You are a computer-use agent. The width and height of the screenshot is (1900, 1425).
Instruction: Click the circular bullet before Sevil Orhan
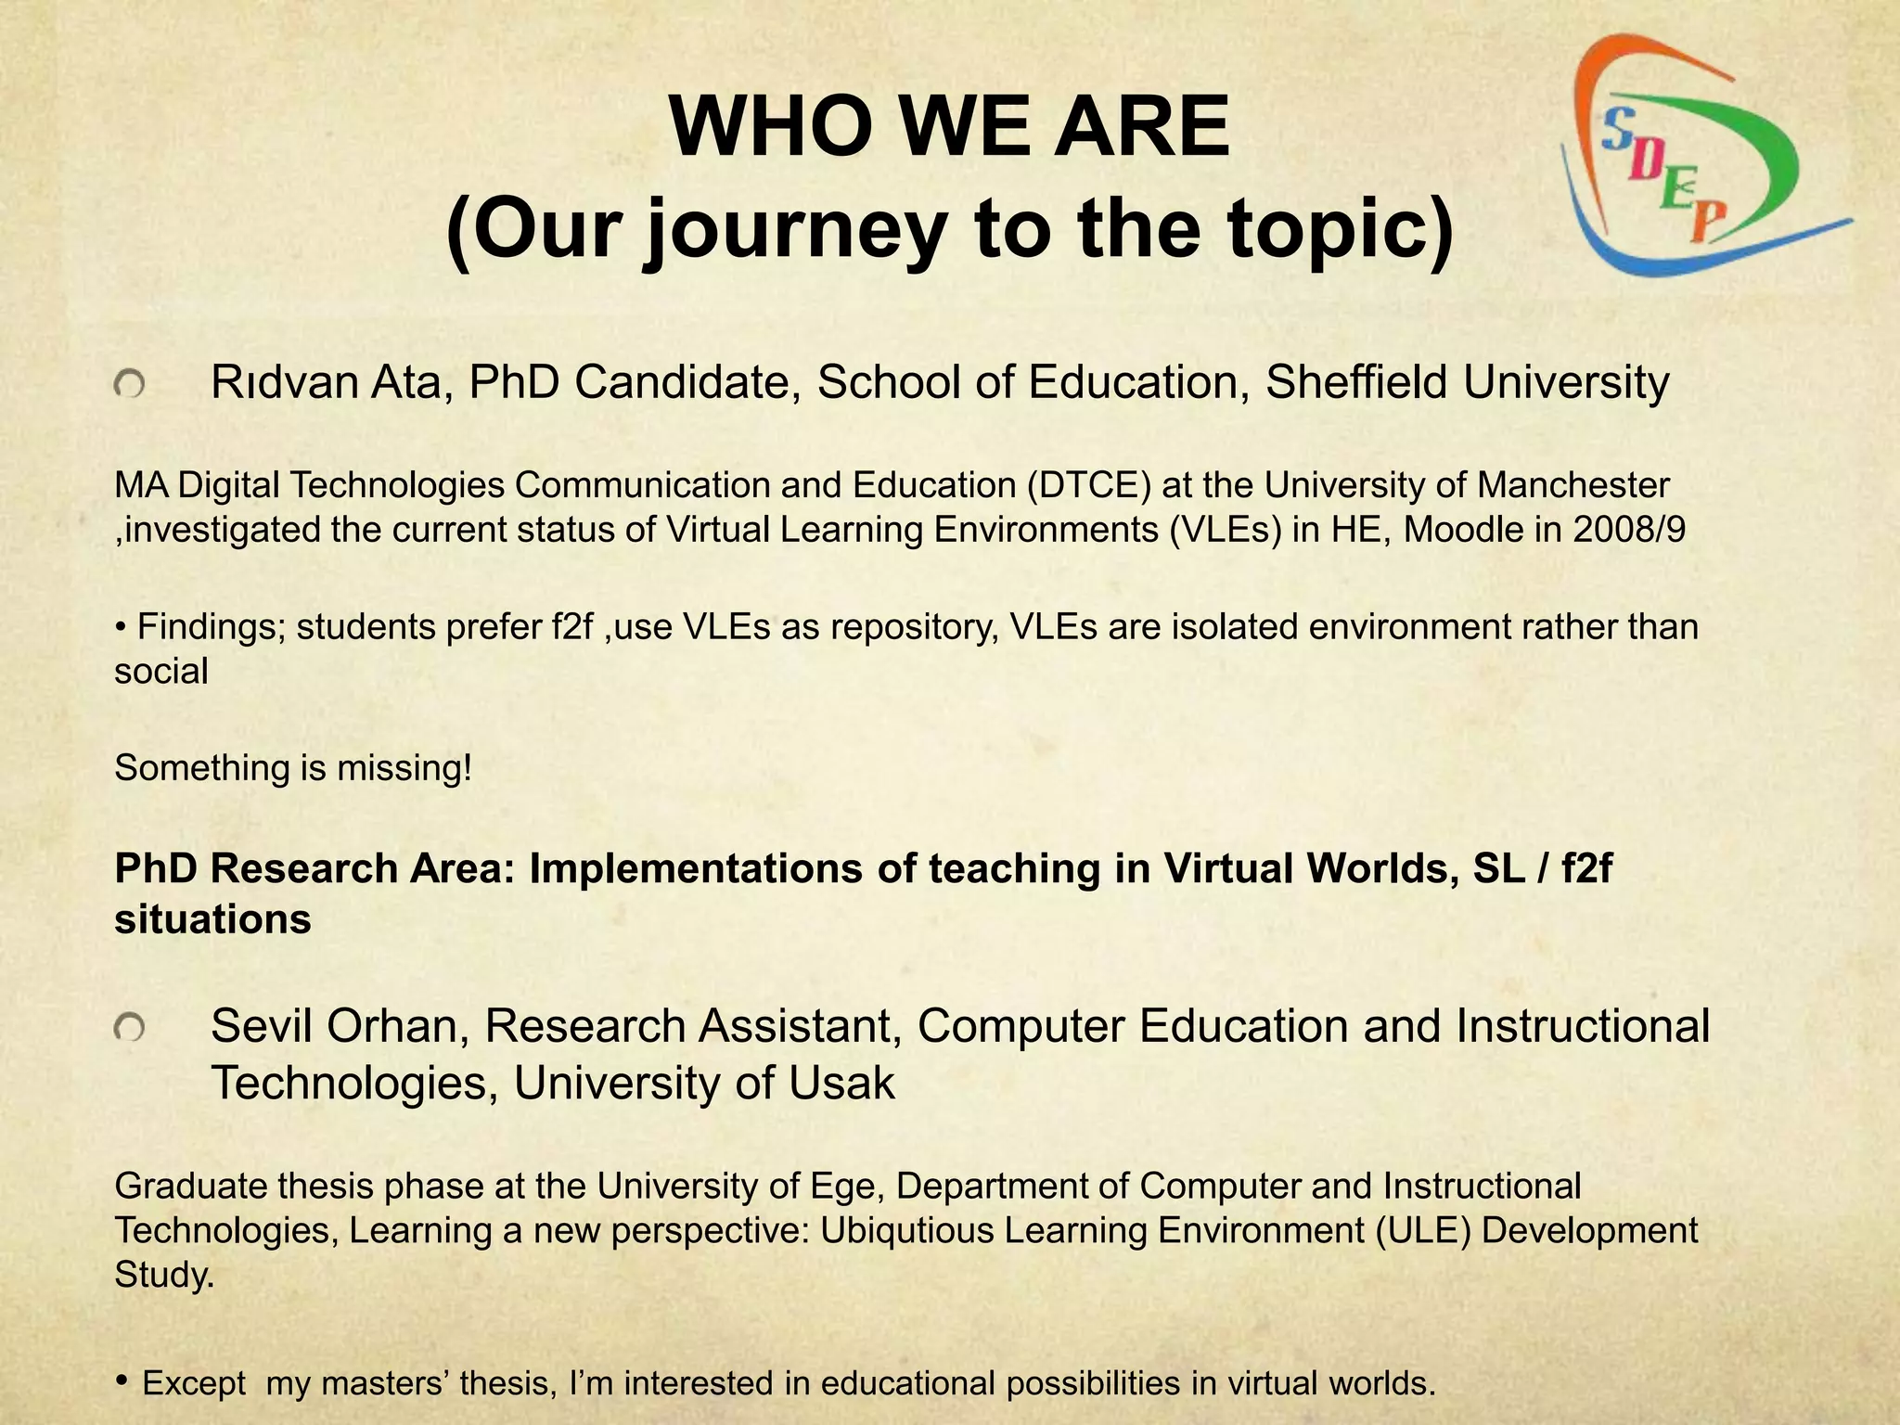pyautogui.click(x=130, y=1028)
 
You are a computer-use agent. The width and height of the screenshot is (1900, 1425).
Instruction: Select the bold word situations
pyautogui.click(x=212, y=919)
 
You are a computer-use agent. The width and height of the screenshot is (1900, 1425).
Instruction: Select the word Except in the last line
pyautogui.click(x=194, y=1383)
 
